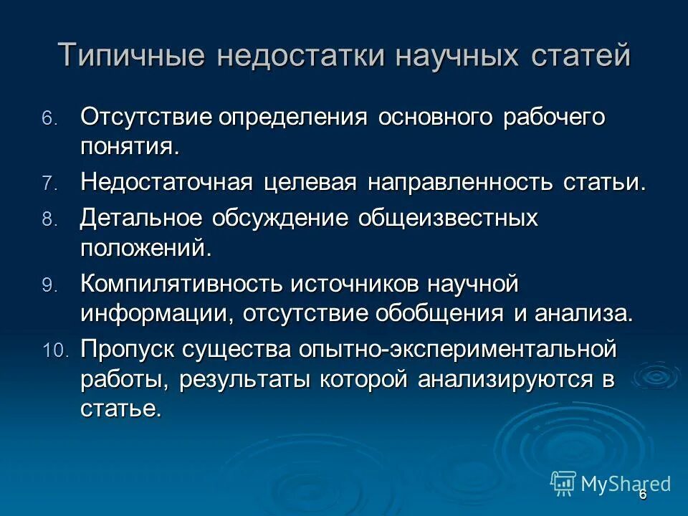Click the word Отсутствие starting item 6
(x=146, y=117)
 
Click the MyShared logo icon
(x=563, y=483)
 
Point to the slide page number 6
(x=643, y=494)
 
